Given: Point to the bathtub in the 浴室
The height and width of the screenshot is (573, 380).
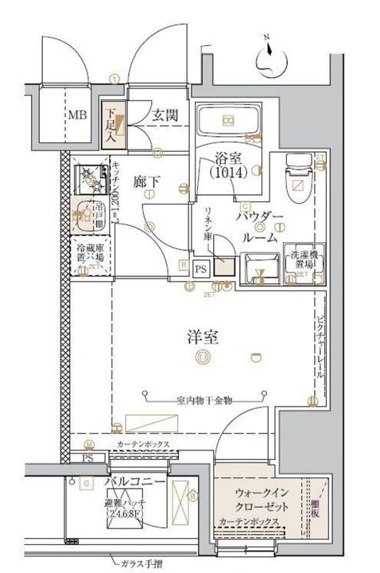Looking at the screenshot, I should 227,121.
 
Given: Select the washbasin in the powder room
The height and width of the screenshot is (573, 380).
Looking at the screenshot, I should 258,268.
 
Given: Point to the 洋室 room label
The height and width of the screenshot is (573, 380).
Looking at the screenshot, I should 197,336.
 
